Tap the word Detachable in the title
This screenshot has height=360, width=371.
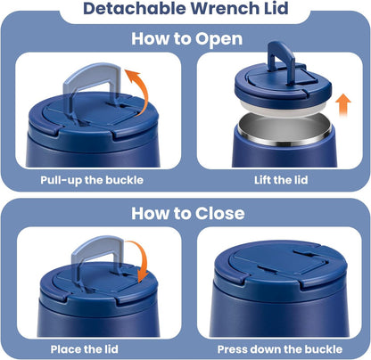pos(135,8)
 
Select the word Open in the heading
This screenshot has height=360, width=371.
pos(218,39)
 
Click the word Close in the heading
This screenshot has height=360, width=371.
pos(220,213)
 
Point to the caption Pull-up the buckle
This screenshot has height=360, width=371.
pos(92,180)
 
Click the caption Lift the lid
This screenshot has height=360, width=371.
pos(281,180)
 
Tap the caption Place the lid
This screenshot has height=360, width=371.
pos(85,349)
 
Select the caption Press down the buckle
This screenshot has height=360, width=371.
pos(280,349)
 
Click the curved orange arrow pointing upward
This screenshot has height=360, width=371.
pos(143,89)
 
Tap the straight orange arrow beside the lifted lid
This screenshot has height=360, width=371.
pos(343,105)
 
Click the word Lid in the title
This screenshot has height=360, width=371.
pos(276,8)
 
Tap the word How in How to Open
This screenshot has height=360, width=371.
pos(150,38)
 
